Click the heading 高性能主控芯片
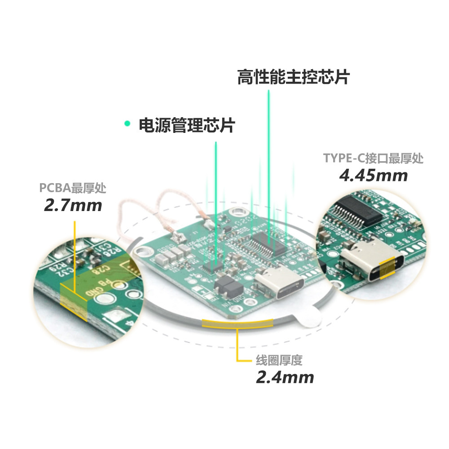(293, 77)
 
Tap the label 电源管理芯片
(186, 125)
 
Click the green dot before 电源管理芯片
(128, 123)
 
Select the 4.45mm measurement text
(373, 175)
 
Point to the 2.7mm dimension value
(73, 205)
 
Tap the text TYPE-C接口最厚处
(373, 158)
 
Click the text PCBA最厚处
(73, 188)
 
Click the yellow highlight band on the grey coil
(237, 323)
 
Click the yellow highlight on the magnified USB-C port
(387, 269)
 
